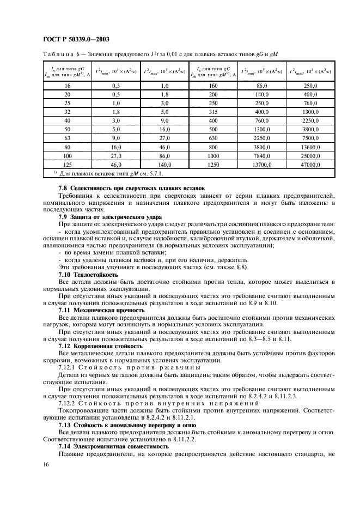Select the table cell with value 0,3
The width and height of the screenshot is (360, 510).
point(115,86)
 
